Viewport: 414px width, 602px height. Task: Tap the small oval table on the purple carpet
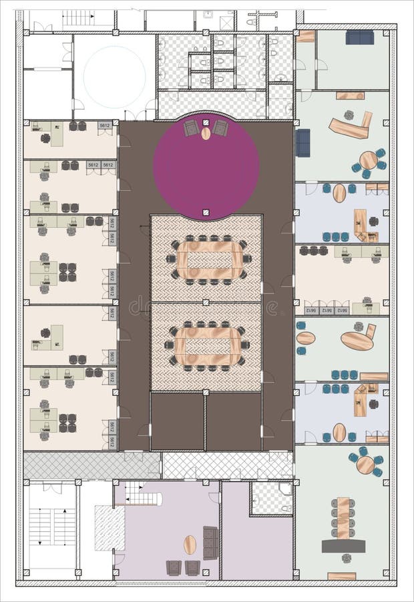tap(206, 133)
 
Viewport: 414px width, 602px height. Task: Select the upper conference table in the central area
tap(209, 259)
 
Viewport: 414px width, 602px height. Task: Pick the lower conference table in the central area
tap(206, 346)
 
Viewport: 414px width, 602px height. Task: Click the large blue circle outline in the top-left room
tap(114, 76)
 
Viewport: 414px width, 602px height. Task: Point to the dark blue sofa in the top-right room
tap(359, 37)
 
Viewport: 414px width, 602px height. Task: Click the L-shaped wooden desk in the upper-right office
tap(351, 125)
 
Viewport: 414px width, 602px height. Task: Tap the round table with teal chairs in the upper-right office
tap(368, 161)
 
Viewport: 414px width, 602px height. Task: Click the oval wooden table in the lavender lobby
tap(190, 544)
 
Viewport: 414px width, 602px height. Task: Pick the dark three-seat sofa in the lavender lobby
tap(210, 542)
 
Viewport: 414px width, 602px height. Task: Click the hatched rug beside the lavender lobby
tap(109, 528)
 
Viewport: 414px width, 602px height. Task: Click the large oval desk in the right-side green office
tap(357, 340)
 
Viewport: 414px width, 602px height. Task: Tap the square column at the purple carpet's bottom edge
tap(206, 213)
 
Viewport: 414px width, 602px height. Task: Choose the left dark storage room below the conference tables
tap(177, 421)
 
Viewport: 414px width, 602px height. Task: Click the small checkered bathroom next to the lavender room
tap(271, 498)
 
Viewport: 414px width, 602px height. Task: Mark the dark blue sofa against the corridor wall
tap(302, 142)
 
